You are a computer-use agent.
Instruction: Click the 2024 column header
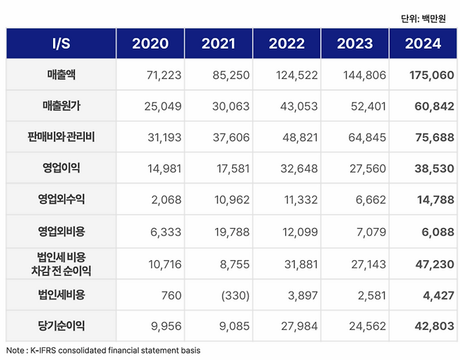click(424, 43)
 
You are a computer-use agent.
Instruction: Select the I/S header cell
click(61, 43)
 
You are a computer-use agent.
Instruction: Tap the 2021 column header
click(218, 43)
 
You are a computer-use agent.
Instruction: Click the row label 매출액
click(61, 75)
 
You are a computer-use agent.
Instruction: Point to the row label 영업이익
click(61, 168)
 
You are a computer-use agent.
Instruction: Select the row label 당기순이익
click(61, 326)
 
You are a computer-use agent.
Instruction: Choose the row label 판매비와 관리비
click(61, 137)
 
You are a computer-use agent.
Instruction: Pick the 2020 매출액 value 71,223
click(162, 75)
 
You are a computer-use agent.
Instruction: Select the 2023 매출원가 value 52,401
click(366, 106)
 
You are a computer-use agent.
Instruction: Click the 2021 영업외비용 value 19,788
click(230, 231)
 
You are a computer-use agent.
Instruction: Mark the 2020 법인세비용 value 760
click(171, 295)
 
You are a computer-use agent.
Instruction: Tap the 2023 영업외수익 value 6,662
click(371, 200)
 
